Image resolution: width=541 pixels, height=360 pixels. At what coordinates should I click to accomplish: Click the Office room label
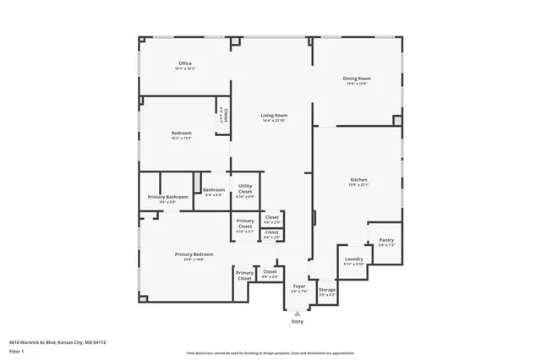point(185,63)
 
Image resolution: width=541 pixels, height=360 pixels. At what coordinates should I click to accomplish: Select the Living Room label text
point(274,116)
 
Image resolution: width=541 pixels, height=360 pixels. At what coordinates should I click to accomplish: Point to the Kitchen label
point(358,180)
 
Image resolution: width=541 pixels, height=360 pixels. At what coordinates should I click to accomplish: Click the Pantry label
point(385,240)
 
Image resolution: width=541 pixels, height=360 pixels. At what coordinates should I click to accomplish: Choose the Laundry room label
point(353,259)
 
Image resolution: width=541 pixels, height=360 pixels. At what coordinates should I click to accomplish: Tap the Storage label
point(327,291)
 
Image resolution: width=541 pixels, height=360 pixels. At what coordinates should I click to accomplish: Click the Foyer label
point(298,286)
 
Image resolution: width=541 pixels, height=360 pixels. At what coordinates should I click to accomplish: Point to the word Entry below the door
point(297,322)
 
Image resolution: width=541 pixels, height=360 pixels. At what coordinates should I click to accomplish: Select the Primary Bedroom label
point(194,254)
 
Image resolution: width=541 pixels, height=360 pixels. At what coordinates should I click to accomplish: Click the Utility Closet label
point(245,188)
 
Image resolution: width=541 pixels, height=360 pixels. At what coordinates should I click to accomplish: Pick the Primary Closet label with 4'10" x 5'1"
point(244,225)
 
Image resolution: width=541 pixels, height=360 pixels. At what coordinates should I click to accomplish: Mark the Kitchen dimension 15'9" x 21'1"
point(358,185)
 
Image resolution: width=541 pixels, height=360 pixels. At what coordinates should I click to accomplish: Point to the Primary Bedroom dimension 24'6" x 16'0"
point(194,259)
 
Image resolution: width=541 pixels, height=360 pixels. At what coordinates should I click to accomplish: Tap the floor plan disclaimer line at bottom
point(271,352)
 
